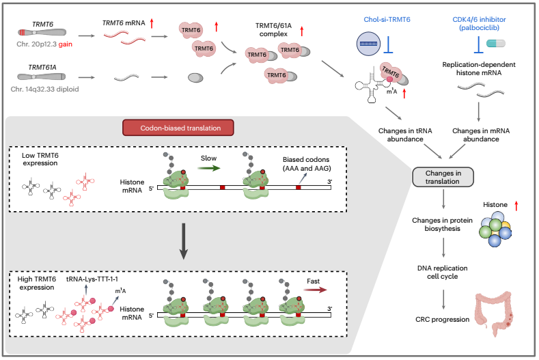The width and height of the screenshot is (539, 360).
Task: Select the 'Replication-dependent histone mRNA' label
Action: [478, 67]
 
